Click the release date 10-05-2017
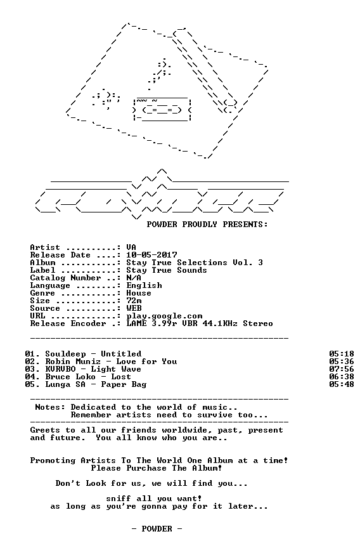[x=151, y=255]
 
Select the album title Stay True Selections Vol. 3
[x=195, y=263]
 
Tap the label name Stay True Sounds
[x=167, y=270]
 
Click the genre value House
[x=139, y=293]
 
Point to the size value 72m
[x=134, y=301]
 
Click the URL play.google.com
[x=164, y=316]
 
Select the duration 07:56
[x=342, y=369]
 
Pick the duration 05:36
[x=342, y=362]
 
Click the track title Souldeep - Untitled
[x=93, y=354]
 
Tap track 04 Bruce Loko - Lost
[x=78, y=377]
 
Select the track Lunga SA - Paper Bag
[x=96, y=384]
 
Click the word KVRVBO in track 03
[x=60, y=369]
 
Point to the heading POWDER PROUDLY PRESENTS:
[x=207, y=225]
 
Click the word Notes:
[x=50, y=407]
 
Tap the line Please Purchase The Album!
[x=157, y=468]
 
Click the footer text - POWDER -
[x=157, y=529]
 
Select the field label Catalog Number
[x=65, y=278]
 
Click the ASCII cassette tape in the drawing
[x=162, y=109]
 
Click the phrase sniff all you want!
[x=154, y=499]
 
